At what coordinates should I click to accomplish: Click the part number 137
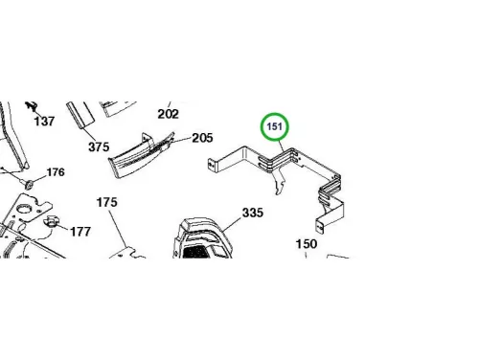tap(44, 122)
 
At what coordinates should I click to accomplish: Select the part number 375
tap(99, 146)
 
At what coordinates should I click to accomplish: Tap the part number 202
tap(169, 114)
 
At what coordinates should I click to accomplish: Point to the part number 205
tap(202, 138)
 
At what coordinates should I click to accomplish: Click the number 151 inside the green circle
tap(275, 126)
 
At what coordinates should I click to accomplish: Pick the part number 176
tap(56, 172)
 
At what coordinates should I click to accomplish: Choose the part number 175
tap(107, 202)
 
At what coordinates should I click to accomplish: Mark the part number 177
tap(80, 232)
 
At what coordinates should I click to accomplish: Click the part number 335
tap(253, 213)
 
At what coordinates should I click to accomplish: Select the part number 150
tap(307, 244)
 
